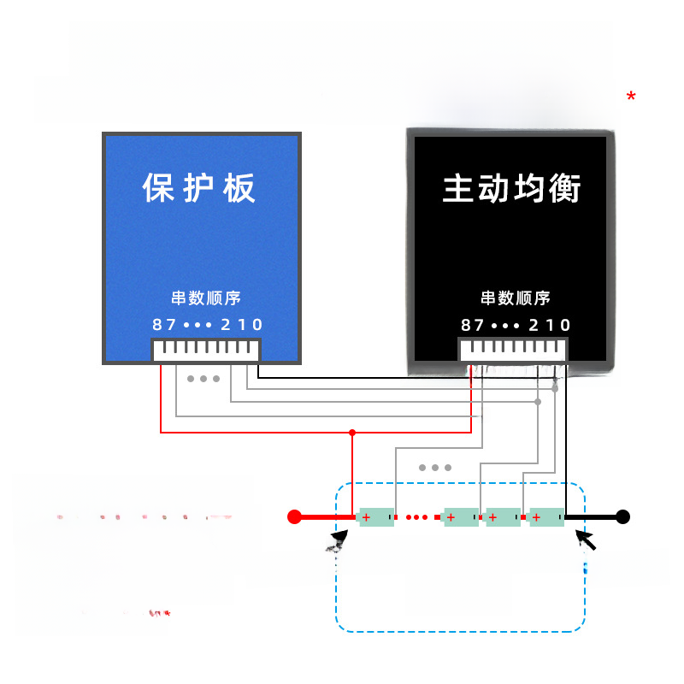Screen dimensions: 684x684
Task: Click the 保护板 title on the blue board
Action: [199, 188]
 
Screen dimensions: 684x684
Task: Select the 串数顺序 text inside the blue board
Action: [205, 298]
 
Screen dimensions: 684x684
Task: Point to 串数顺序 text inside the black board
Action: [515, 298]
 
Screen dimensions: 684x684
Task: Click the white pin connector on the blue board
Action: [205, 351]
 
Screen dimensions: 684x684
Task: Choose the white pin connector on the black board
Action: [513, 351]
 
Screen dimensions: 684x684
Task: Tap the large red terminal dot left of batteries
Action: [294, 516]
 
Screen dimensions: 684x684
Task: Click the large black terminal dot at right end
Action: [623, 516]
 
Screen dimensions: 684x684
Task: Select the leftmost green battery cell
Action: [376, 516]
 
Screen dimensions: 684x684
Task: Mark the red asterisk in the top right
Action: [631, 97]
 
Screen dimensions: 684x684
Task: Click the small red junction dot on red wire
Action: [351, 432]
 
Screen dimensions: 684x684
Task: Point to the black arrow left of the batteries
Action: [339, 539]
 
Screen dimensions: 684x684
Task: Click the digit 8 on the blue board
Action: [157, 325]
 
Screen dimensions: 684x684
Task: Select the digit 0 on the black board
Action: [565, 325]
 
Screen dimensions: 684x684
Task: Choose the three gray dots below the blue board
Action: [203, 379]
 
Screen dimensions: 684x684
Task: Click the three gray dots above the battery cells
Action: [435, 468]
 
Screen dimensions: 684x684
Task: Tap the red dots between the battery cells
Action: [418, 516]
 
